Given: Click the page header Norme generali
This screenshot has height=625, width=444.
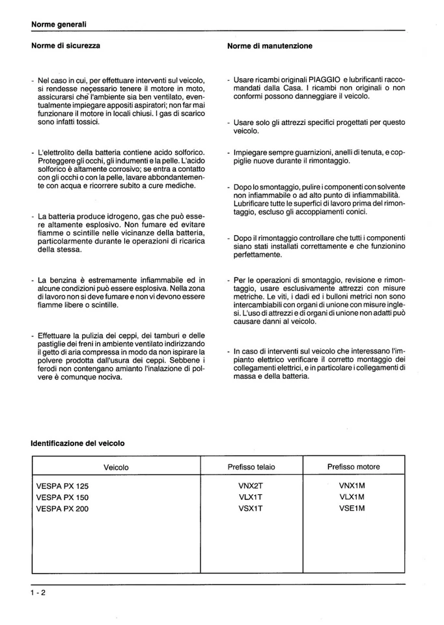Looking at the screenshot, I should [x=59, y=25].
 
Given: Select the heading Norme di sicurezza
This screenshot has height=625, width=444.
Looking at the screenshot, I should [x=66, y=46].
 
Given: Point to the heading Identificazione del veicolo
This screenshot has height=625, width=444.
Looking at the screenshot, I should [x=77, y=443].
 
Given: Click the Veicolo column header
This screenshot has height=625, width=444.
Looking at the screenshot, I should [x=116, y=467].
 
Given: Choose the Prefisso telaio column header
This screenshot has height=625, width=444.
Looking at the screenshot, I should [x=251, y=467].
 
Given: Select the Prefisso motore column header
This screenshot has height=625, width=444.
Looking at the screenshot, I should [x=353, y=467].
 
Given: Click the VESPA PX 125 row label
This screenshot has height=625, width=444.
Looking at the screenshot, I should [x=62, y=486].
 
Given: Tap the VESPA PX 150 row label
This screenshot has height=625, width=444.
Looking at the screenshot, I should [x=62, y=497].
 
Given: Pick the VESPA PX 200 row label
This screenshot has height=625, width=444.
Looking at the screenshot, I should [x=62, y=509].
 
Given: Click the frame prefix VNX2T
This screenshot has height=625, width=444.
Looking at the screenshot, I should [x=251, y=486].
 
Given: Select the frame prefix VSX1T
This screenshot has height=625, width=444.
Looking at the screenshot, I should [x=251, y=509].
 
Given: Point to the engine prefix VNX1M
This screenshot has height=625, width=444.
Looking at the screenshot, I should [x=352, y=486].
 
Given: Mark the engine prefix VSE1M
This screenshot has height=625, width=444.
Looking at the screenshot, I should [x=352, y=509].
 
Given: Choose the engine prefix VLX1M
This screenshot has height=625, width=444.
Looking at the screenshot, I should [x=352, y=497].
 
